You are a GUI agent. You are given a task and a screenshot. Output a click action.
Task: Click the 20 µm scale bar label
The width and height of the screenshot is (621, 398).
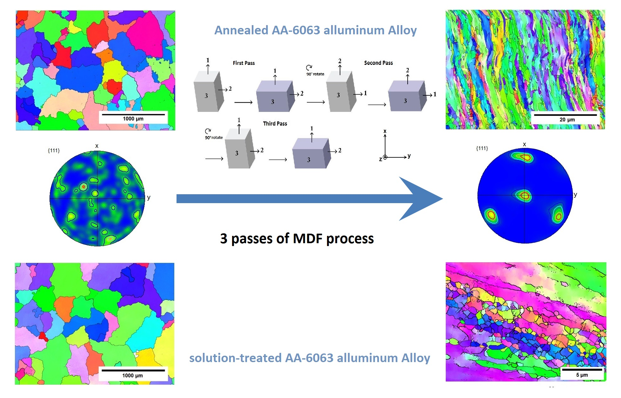567,120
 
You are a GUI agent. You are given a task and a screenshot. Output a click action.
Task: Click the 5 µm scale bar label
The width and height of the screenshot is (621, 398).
582,375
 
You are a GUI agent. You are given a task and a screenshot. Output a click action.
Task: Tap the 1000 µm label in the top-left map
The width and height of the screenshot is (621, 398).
133,119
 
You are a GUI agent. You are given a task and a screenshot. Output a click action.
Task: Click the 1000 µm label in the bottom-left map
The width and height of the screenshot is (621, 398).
132,376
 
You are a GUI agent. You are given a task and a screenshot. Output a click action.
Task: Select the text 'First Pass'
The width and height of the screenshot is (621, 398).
244,63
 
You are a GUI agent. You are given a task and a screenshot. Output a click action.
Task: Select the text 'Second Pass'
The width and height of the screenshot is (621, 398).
378,63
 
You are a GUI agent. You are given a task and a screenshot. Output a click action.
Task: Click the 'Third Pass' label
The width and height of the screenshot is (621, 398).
275,124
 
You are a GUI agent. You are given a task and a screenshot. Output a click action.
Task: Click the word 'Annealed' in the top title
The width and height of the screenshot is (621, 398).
241,31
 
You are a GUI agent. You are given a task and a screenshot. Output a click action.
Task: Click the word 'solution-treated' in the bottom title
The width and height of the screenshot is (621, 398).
235,358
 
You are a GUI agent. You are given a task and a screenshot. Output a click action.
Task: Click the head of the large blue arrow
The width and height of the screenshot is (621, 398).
422,199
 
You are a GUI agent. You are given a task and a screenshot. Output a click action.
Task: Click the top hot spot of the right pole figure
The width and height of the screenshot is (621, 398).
524,157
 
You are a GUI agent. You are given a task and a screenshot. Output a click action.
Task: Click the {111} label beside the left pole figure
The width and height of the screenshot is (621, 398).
54,151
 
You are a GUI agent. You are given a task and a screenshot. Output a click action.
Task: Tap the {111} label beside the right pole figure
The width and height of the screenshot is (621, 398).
482,148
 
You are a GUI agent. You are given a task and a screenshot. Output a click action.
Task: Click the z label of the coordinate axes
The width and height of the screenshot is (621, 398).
380,159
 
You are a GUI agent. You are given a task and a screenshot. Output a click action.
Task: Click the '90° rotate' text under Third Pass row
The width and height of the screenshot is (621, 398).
214,138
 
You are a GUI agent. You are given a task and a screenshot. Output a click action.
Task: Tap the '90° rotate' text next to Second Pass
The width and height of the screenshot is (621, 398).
315,74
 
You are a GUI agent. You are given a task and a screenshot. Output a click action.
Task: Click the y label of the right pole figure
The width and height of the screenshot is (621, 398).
575,195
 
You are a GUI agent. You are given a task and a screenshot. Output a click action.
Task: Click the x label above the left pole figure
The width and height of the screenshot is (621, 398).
97,146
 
